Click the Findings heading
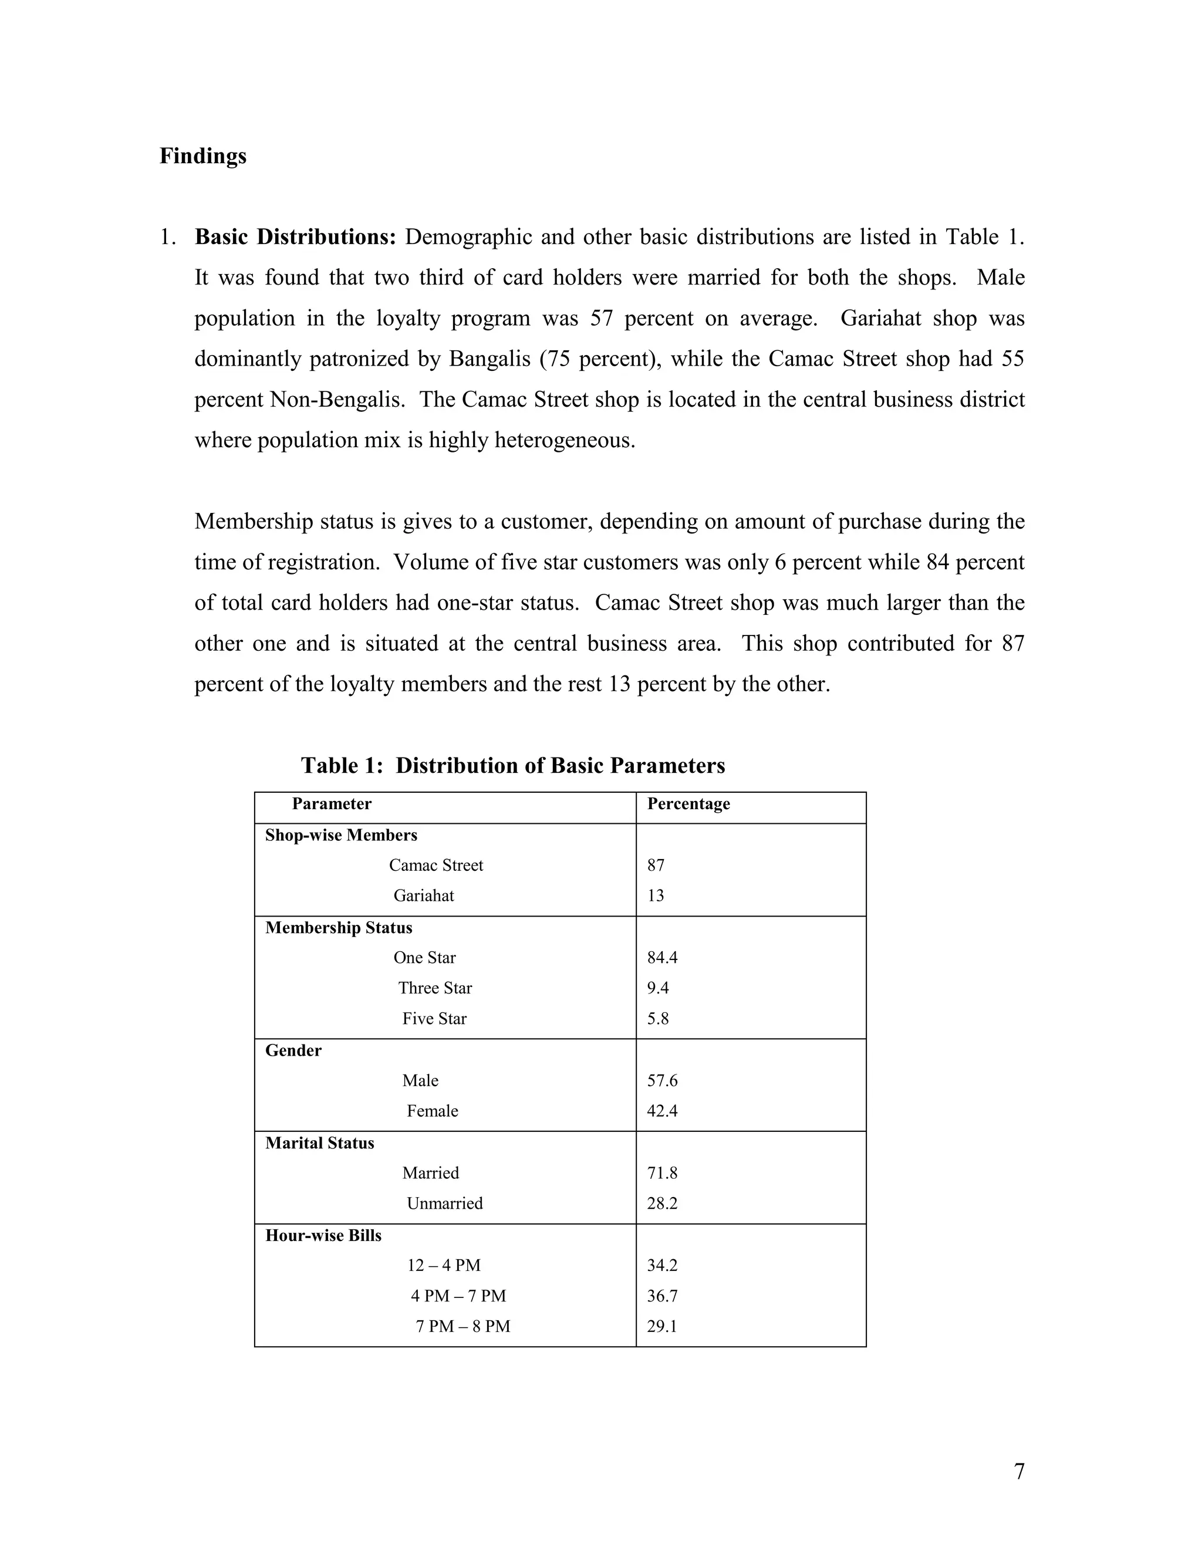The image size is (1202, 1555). [203, 156]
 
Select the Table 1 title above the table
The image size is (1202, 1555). [513, 765]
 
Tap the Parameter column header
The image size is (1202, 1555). [331, 804]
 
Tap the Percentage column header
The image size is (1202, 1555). [688, 804]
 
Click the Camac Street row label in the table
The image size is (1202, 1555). [436, 865]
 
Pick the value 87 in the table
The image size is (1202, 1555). [655, 865]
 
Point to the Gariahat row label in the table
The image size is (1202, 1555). [424, 895]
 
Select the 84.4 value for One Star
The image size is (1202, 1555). [661, 958]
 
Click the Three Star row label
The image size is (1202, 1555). [435, 988]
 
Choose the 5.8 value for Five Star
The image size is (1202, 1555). [657, 1019]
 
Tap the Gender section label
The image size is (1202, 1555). [293, 1050]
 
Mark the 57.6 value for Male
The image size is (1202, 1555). [661, 1081]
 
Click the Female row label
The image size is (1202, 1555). [432, 1111]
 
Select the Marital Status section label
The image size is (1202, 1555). [320, 1142]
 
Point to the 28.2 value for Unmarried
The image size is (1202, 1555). [661, 1204]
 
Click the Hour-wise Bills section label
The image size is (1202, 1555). [323, 1235]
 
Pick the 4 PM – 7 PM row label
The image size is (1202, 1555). [458, 1296]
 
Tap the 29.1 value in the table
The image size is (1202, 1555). [661, 1327]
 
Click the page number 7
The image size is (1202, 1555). [1019, 1472]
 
